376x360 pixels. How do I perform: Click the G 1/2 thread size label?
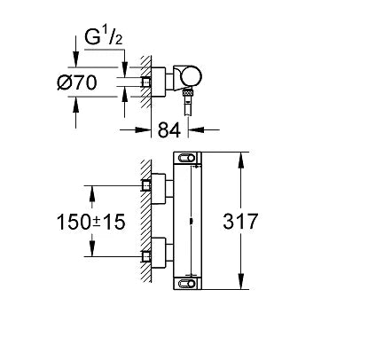coord(104,37)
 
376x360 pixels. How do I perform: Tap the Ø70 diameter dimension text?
coord(77,82)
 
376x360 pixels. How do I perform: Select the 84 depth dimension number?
coord(169,129)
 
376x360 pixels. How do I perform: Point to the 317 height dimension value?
coord(240,221)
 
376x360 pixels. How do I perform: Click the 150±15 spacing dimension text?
coord(90,222)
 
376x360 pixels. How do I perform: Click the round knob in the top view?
coord(192,76)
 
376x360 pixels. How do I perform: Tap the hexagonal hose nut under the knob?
coord(188,92)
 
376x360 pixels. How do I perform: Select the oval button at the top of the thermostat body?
coord(186,159)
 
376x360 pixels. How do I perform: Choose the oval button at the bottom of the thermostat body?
coord(186,283)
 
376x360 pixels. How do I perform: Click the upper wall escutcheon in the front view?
coord(159,189)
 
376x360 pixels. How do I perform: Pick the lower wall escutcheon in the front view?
coord(159,253)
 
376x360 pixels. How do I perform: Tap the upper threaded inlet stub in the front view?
coord(146,185)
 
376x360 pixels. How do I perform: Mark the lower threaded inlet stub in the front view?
coord(146,256)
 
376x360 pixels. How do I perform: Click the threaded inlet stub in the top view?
coord(146,82)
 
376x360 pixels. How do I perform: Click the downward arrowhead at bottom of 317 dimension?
coord(241,281)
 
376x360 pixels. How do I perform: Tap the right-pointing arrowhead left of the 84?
coord(143,129)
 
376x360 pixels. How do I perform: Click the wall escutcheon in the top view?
coord(159,82)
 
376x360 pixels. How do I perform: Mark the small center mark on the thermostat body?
coord(192,221)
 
